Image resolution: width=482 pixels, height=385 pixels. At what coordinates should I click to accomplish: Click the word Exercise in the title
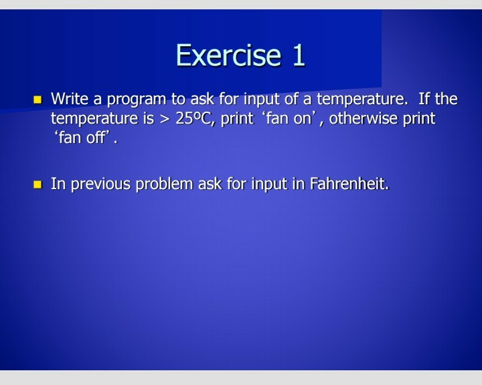[x=228, y=55]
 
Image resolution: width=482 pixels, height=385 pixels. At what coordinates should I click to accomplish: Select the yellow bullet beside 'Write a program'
[x=38, y=100]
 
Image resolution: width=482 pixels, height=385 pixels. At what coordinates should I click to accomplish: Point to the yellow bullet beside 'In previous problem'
[x=38, y=184]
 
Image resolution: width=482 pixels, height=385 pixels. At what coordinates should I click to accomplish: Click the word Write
[x=70, y=100]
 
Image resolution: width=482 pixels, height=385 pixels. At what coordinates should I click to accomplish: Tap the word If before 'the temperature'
[x=424, y=100]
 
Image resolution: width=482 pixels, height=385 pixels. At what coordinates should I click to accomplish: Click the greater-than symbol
[x=165, y=120]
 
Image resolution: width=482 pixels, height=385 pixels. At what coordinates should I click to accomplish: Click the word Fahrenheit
[x=349, y=184]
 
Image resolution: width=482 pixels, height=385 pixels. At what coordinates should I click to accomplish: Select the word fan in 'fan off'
[x=70, y=139]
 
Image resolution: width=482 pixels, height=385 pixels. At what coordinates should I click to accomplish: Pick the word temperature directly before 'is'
[x=95, y=119]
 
